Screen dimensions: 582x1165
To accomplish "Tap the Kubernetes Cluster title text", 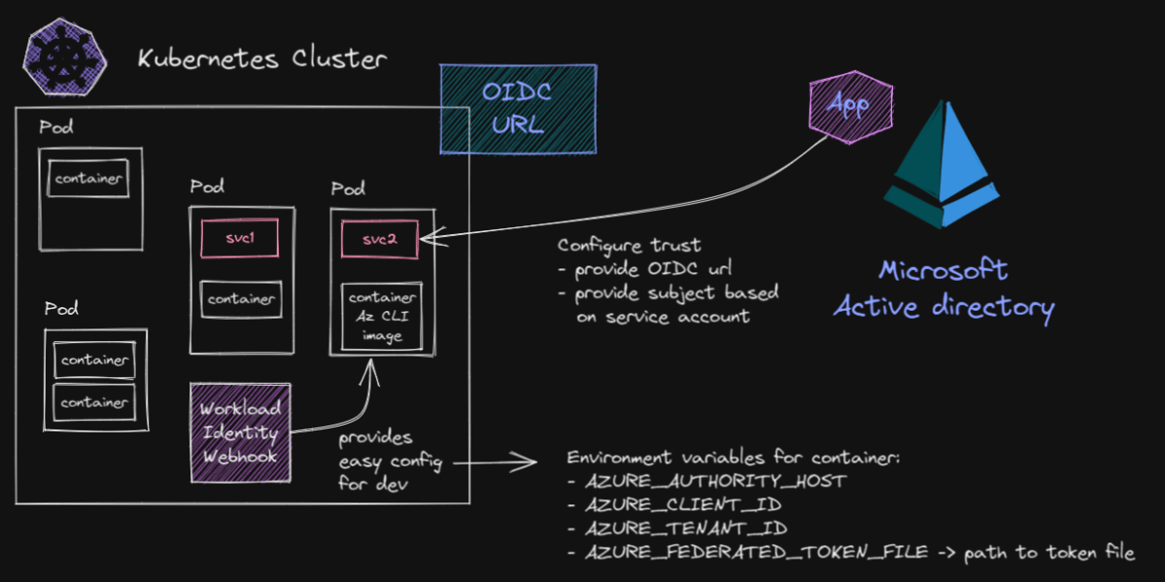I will point(261,59).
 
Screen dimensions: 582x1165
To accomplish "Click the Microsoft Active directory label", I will point(943,289).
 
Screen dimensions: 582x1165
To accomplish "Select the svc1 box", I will point(239,238).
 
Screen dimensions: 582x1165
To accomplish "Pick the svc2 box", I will point(380,238).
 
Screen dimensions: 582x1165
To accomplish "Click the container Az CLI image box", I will point(382,317).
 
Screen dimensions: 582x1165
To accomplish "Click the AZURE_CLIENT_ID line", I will point(684,505).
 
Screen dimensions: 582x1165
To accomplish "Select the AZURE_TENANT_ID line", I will point(686,529).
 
